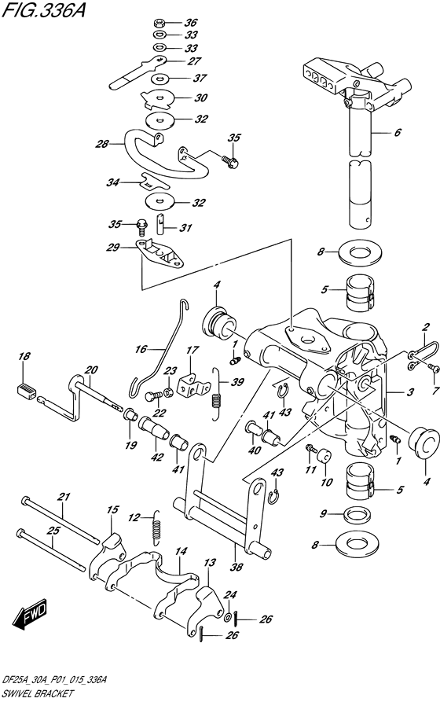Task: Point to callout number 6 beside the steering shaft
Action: click(420, 132)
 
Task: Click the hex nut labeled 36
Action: click(158, 21)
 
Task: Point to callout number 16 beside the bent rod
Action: click(141, 348)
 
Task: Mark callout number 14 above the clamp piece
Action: click(181, 552)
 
